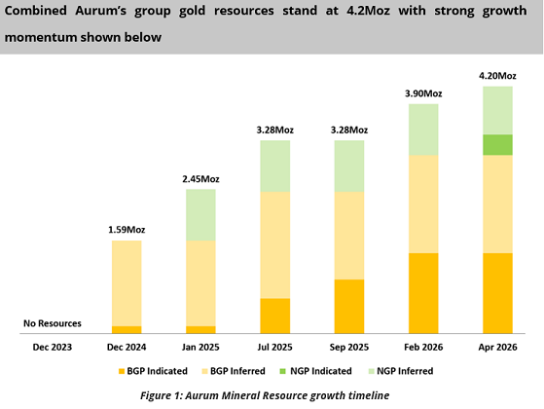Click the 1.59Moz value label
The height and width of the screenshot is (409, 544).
point(127,230)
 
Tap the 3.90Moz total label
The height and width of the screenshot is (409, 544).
point(422,93)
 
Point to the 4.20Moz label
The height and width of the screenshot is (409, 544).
point(497,75)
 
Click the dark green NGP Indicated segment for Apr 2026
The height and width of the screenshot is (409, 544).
point(497,144)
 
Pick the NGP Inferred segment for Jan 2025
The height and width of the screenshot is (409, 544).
point(200,214)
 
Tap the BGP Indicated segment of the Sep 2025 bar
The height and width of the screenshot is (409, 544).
point(349,306)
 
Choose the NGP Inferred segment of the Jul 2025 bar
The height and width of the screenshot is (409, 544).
point(275,166)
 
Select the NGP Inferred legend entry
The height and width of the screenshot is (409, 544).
point(400,371)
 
